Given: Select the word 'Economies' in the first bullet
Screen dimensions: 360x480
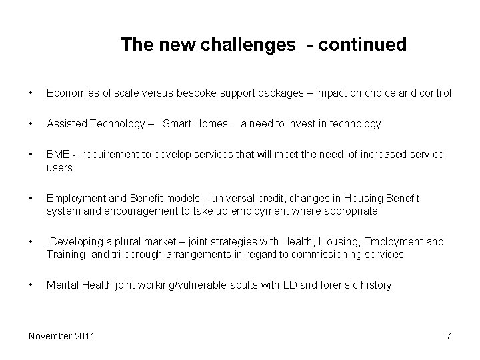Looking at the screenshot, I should tap(71, 93).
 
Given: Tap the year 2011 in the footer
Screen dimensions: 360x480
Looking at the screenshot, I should tap(84, 335).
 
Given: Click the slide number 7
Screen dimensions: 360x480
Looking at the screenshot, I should tap(448, 336).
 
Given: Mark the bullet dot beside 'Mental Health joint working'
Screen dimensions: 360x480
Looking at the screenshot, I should tap(31, 285).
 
